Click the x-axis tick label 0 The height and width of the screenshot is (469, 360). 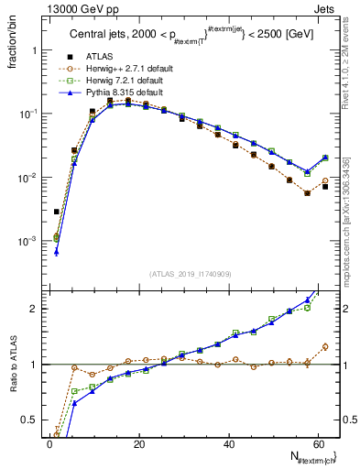coord(49,443)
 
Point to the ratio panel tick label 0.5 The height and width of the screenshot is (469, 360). coord(31,420)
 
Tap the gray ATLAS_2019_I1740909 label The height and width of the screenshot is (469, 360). coord(189,274)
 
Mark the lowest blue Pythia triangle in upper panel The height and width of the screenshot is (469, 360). coord(57,252)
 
